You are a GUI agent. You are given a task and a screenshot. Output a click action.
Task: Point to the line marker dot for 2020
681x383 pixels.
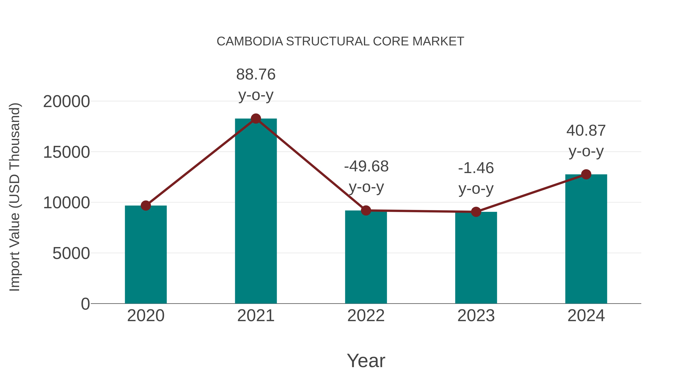[146, 205]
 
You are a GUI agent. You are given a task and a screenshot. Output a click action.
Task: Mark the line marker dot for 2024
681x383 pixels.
[586, 174]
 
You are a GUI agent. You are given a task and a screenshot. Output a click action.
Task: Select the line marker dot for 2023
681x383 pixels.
[476, 212]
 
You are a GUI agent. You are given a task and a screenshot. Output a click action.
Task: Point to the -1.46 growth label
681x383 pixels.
[476, 168]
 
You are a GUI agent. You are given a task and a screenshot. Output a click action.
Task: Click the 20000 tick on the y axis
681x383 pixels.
[66, 102]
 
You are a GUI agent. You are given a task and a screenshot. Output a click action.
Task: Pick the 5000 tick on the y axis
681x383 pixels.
[71, 253]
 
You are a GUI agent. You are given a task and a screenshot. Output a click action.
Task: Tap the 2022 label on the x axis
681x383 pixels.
[366, 316]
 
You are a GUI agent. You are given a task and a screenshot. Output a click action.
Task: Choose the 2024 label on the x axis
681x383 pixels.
[586, 316]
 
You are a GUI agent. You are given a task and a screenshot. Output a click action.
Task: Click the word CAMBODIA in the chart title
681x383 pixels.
[250, 41]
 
